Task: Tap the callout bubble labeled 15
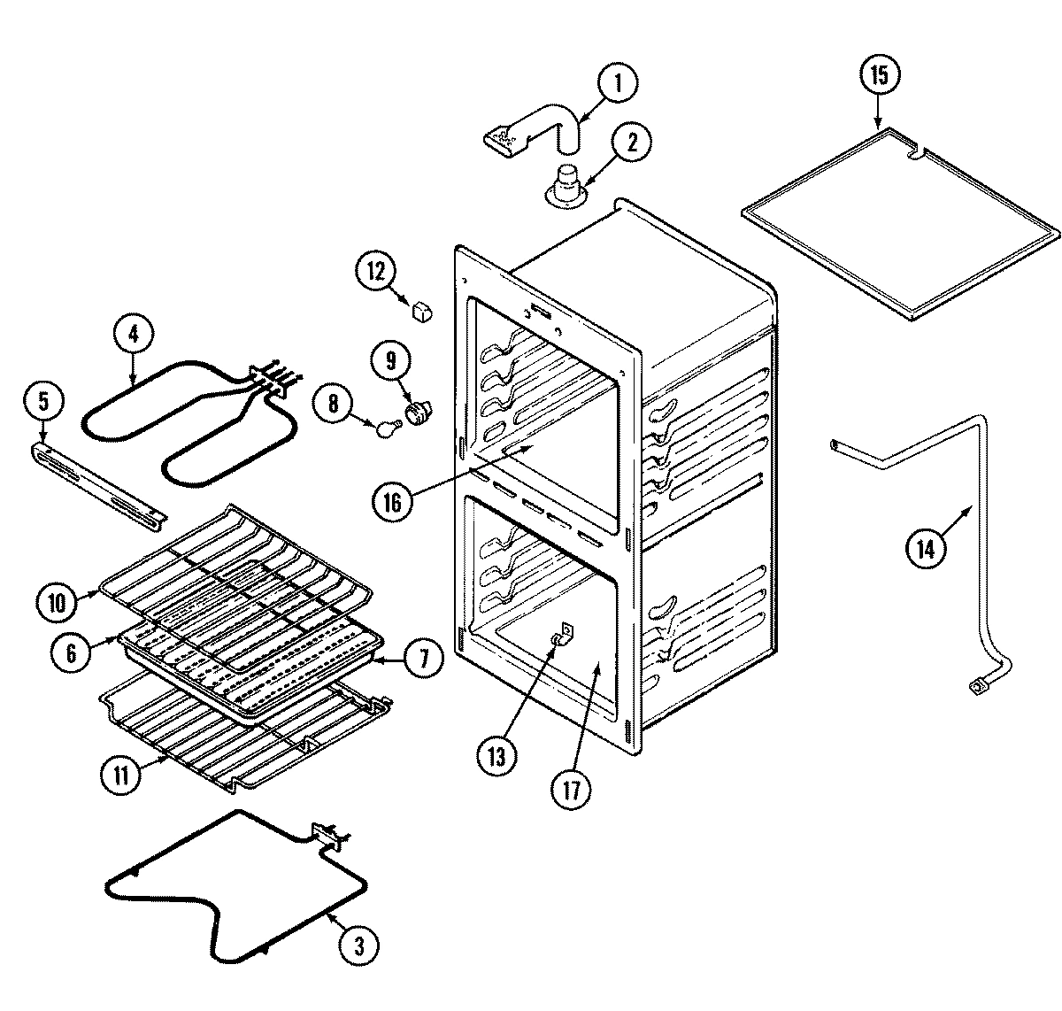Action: coord(878,75)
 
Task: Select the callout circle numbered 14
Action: coord(925,550)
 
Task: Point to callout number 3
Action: coord(358,945)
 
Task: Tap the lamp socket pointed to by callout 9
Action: coord(417,412)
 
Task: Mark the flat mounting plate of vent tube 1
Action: coord(505,138)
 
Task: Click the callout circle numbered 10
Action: coord(57,602)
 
